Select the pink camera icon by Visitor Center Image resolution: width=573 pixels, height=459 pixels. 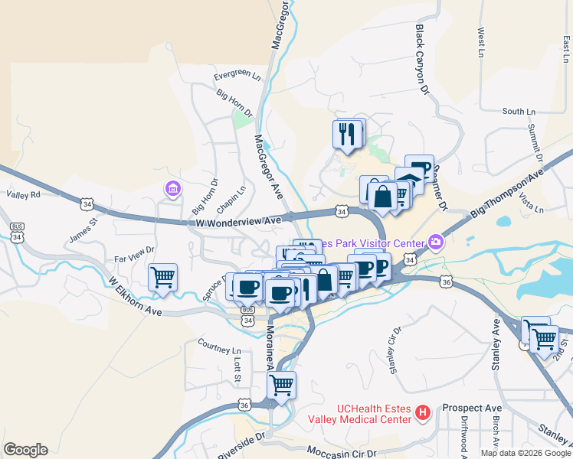coord(436,242)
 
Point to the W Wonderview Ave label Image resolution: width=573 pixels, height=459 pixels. coord(237,221)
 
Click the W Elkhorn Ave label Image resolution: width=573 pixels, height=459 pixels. coord(135,295)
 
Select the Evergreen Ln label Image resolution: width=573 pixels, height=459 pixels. coord(237,76)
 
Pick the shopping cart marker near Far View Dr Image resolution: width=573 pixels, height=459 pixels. coord(162,277)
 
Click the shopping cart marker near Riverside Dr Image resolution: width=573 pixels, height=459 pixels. coord(281,385)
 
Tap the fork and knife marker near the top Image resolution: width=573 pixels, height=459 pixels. coord(347,134)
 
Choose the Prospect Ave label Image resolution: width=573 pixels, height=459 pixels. coord(472,408)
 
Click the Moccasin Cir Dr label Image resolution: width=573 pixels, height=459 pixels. coord(342,453)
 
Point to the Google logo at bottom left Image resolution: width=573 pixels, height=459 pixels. coord(25,450)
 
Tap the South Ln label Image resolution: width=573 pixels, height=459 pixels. coord(519,112)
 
